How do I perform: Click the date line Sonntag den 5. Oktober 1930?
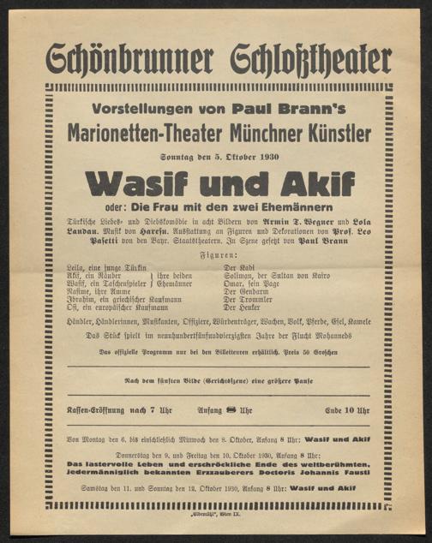coord(219,158)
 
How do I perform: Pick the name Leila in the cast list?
coord(78,268)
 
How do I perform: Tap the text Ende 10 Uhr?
coord(345,410)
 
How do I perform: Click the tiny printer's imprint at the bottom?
coord(219,517)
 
